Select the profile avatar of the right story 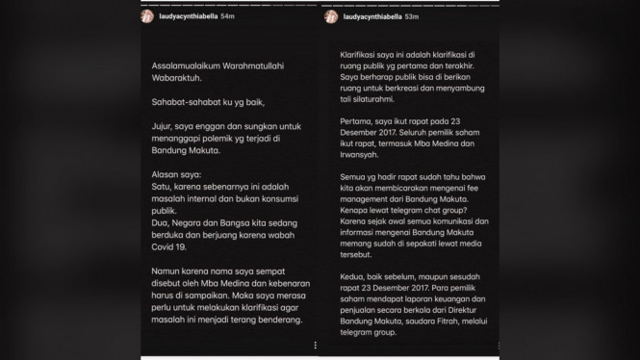[331, 17]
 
